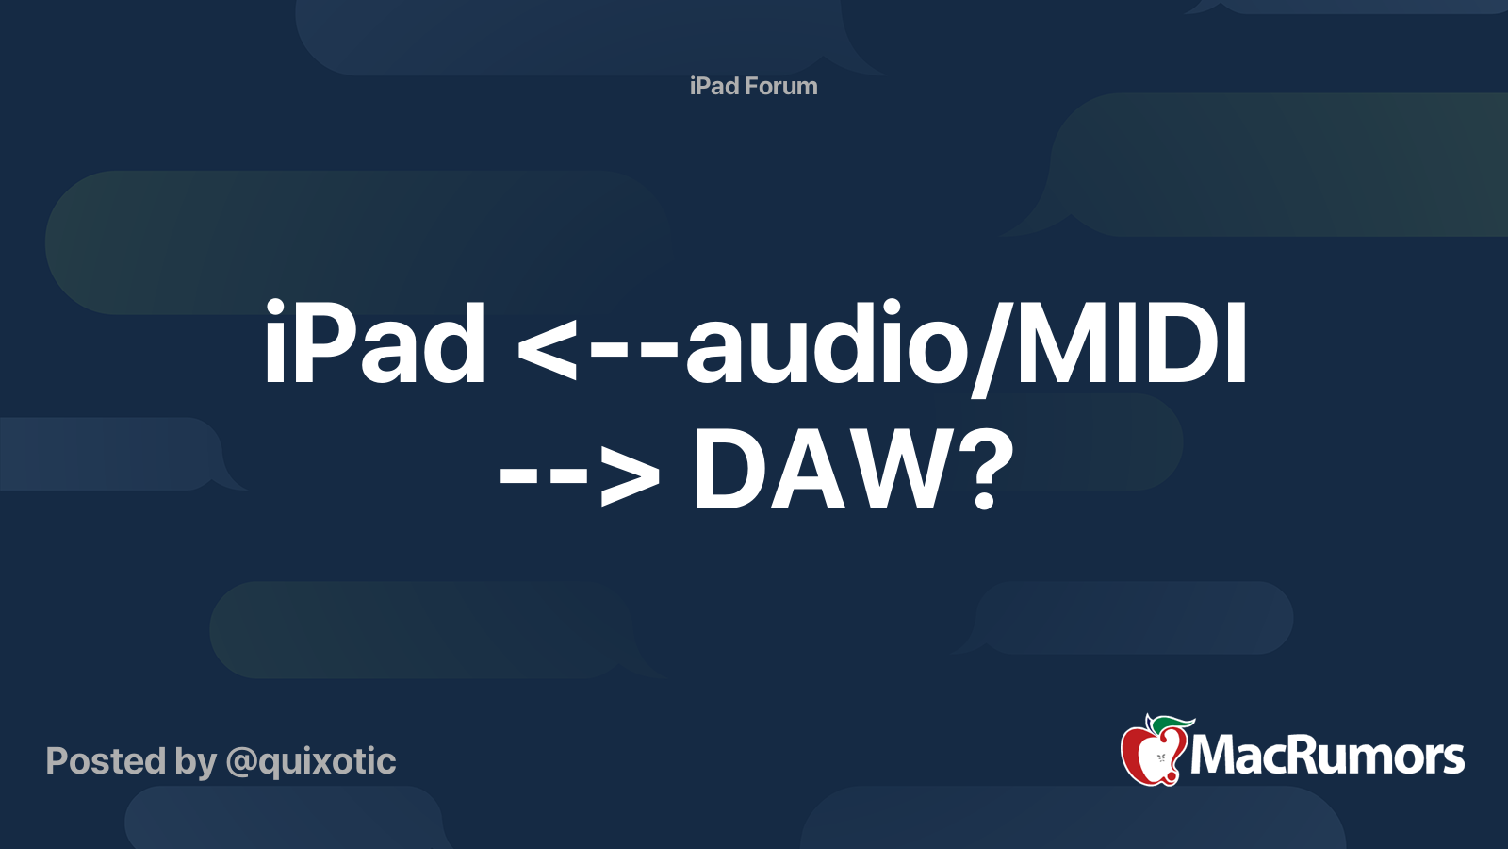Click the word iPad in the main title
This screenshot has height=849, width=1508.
tap(374, 344)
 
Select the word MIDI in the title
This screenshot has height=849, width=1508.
tap(1131, 344)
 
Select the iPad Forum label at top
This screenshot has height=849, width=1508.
tap(753, 86)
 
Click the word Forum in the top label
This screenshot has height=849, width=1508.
tap(780, 86)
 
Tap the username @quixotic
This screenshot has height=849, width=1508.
tap(310, 761)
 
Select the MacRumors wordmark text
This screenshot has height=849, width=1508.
tap(1327, 756)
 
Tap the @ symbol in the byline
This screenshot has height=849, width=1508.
tap(241, 762)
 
